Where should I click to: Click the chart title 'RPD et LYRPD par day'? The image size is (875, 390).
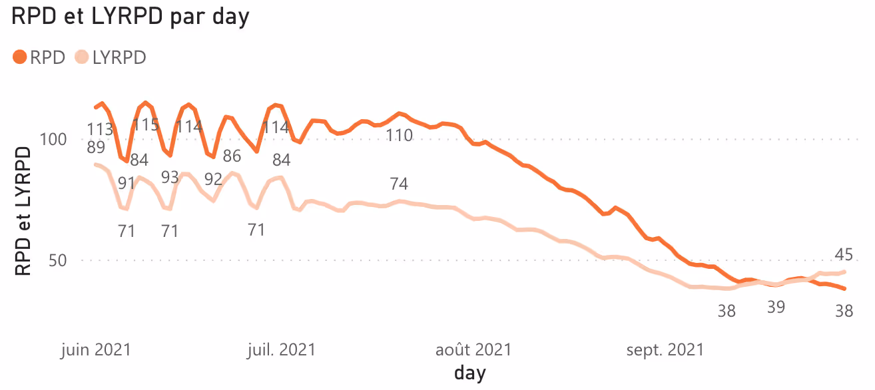click(x=131, y=17)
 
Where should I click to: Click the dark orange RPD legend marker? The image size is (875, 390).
click(x=19, y=57)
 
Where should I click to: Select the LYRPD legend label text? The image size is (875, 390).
click(x=119, y=58)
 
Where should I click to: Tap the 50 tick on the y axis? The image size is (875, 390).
click(x=58, y=260)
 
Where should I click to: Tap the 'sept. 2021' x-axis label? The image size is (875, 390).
click(x=665, y=349)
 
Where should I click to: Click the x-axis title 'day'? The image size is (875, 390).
click(x=470, y=372)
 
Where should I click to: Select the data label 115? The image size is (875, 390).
click(x=145, y=125)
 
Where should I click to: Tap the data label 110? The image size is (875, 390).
click(x=400, y=136)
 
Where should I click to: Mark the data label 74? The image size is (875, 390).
click(x=398, y=184)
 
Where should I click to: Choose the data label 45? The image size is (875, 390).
click(x=844, y=255)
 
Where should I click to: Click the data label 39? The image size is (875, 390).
click(x=776, y=307)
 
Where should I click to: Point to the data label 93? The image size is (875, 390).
click(x=170, y=177)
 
